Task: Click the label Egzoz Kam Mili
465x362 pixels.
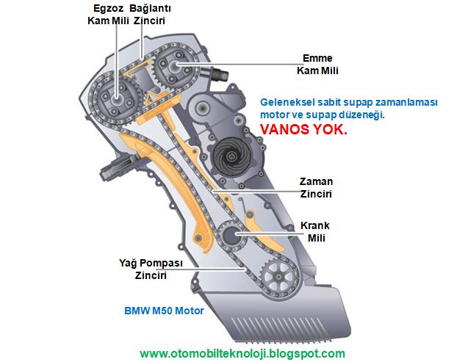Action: [x=108, y=14]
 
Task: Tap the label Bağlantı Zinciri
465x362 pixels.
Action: [x=150, y=14]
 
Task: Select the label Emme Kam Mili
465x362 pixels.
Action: [x=317, y=64]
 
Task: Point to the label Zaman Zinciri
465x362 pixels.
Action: [x=316, y=188]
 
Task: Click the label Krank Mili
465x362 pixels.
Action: [x=315, y=231]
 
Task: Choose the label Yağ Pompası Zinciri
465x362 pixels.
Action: [x=151, y=269]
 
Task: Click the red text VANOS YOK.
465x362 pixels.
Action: [x=303, y=129]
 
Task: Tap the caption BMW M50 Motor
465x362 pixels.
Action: [x=164, y=311]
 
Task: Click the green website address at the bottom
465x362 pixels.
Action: [x=242, y=353]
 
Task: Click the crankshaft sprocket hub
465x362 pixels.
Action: [x=231, y=234]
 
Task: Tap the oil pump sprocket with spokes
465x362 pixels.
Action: [x=278, y=278]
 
